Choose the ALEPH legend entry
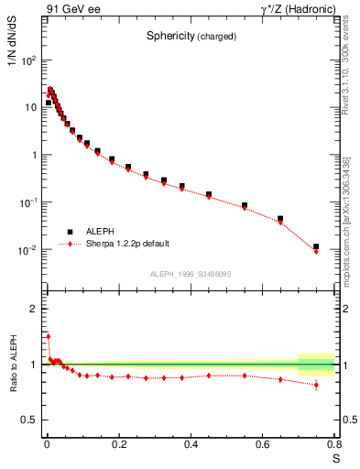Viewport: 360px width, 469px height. coord(100,232)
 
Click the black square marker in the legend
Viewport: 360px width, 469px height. coord(69,232)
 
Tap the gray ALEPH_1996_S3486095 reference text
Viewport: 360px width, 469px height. coord(191,273)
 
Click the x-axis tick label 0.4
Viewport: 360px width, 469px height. coord(191,444)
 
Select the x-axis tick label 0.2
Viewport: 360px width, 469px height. coord(119,444)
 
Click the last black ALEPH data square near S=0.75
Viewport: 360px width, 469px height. coord(316,246)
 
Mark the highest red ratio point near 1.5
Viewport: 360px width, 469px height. coord(49,336)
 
